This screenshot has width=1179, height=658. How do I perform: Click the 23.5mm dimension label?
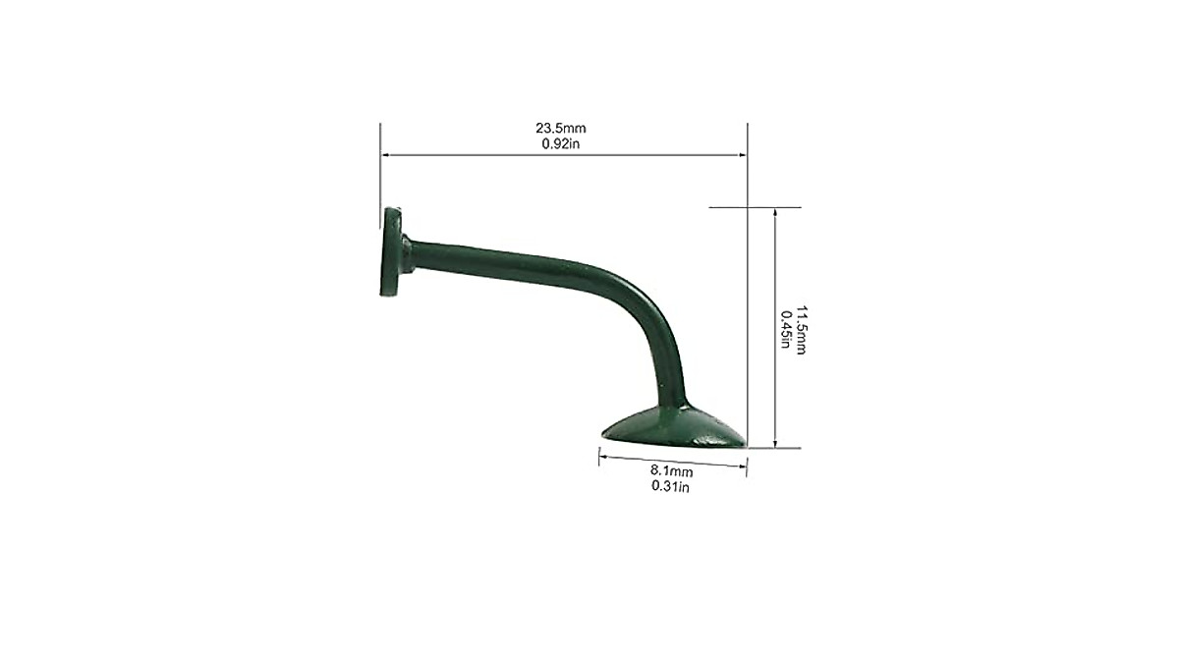pos(561,128)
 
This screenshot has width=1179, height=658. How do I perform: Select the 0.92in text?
pos(561,143)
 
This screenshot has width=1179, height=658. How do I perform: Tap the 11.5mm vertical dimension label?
pos(801,330)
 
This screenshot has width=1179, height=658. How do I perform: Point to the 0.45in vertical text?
pos(785,330)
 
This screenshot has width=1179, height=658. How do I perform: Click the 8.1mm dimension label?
pos(672,470)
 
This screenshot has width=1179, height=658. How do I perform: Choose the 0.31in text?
pos(670,486)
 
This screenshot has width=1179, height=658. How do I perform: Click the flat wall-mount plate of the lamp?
pos(390,251)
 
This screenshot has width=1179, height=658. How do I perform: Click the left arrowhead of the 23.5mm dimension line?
pos(385,155)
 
